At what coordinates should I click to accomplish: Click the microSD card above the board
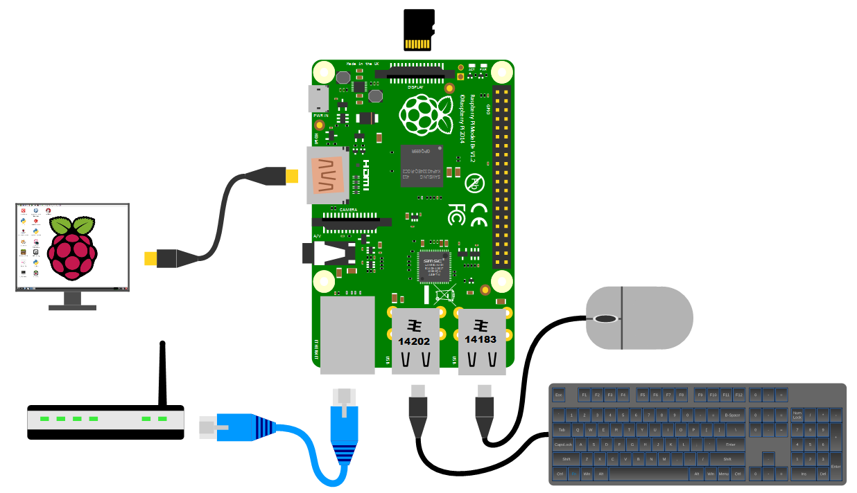pyautogui.click(x=419, y=30)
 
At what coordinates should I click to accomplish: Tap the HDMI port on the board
pyautogui.click(x=327, y=175)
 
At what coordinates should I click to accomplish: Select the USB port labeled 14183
pyautogui.click(x=481, y=340)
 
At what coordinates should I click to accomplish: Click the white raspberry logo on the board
pyautogui.click(x=423, y=115)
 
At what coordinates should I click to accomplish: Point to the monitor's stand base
pyautogui.click(x=72, y=305)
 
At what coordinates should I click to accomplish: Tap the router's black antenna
pyautogui.click(x=163, y=374)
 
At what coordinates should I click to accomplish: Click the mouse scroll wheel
pyautogui.click(x=605, y=319)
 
